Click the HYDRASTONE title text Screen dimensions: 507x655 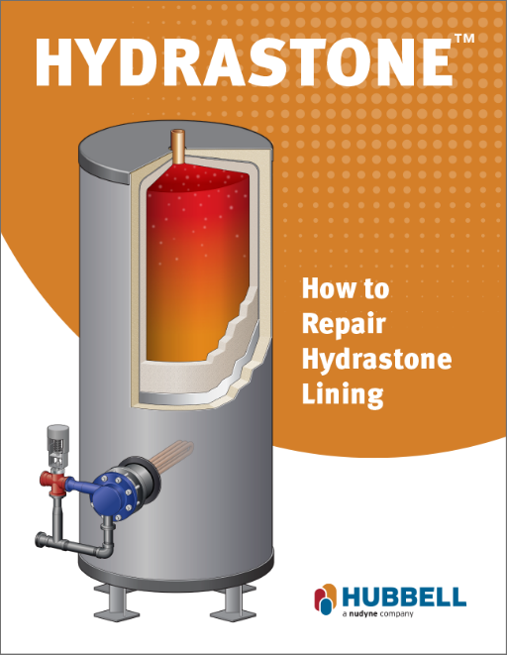click(245, 62)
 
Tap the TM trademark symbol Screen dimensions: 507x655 click(464, 39)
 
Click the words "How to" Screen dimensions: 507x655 click(345, 288)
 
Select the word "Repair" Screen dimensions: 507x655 click(344, 324)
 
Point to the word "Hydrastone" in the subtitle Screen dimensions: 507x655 click(376, 360)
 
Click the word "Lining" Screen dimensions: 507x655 click(343, 394)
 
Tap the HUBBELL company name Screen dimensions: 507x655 click(404, 597)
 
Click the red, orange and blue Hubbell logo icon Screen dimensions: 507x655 click(325, 600)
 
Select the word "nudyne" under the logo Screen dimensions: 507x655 click(362, 614)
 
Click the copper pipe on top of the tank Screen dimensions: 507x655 click(178, 147)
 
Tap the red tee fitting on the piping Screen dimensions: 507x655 click(53, 482)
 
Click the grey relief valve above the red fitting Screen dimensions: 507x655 click(57, 446)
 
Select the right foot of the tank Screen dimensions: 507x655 click(233, 602)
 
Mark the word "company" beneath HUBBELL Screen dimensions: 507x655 click(396, 614)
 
